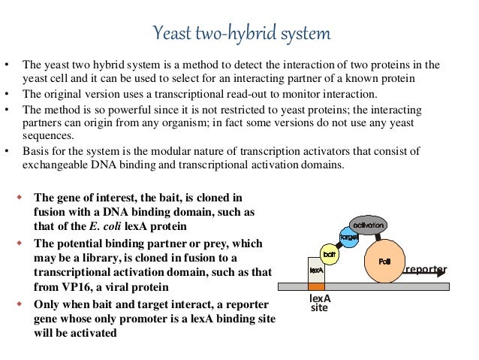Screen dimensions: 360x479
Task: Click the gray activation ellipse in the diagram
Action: (366, 225)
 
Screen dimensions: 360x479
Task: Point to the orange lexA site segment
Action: (316, 287)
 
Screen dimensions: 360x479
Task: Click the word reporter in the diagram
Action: (426, 269)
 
